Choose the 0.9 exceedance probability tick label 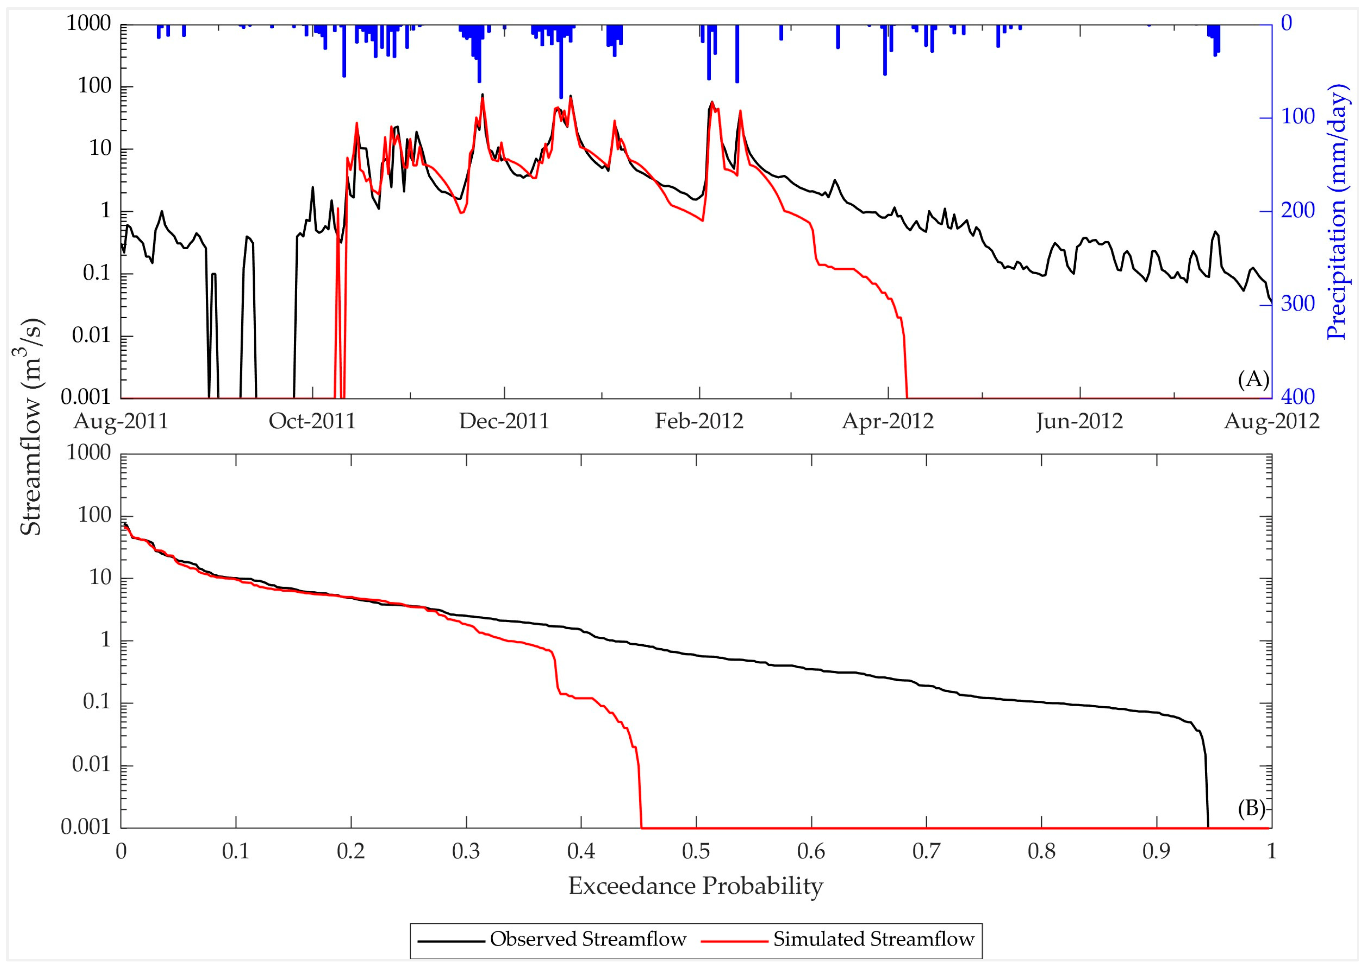click(x=1156, y=851)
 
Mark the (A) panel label click(x=1253, y=379)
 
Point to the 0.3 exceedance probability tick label click(x=466, y=851)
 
